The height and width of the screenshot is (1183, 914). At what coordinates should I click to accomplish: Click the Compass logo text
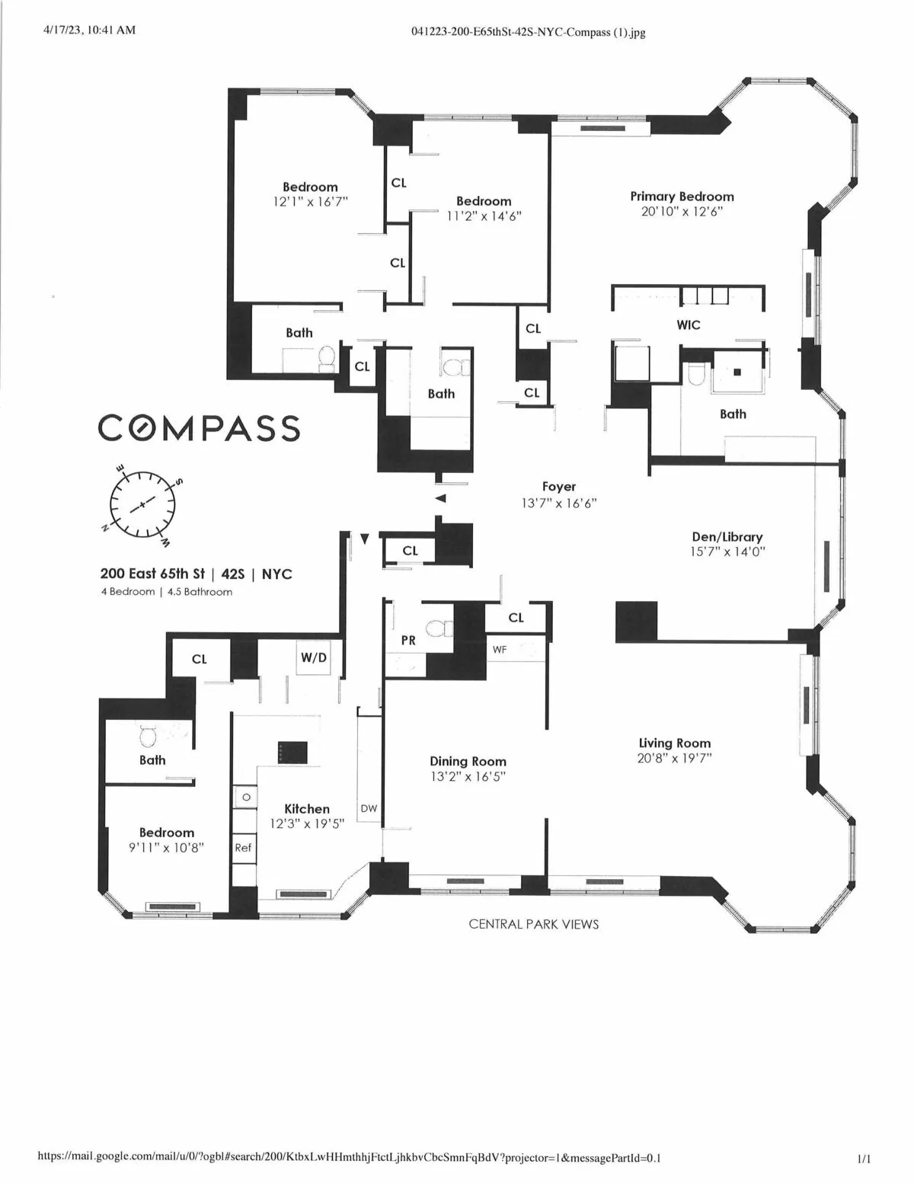pos(198,428)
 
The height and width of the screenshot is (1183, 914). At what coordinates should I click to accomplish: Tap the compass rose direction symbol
pos(142,504)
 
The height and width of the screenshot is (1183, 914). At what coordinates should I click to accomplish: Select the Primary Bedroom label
pos(682,197)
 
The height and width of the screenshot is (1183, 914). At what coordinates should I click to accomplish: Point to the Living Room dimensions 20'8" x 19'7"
pos(674,759)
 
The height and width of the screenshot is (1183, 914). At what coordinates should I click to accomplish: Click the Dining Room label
pos(468,761)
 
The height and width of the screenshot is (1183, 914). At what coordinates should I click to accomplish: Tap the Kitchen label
pos(307,809)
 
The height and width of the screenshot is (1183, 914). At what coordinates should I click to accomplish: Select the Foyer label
pos(559,487)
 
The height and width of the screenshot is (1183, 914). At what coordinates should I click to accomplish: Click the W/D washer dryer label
pos(313,657)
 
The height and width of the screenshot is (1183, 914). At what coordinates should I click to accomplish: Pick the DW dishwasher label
pos(369,809)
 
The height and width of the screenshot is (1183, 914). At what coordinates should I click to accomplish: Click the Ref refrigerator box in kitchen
pos(243,848)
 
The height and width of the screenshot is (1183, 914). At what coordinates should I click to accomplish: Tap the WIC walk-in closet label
pos(689,325)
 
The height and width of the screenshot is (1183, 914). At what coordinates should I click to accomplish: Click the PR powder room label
pos(408,641)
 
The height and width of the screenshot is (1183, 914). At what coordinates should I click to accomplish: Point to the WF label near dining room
pos(500,650)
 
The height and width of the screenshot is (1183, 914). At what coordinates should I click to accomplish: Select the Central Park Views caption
pos(533,924)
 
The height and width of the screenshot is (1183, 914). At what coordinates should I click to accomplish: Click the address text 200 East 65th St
pos(152,574)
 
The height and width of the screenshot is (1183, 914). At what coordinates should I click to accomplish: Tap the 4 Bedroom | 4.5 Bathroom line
pos(167,592)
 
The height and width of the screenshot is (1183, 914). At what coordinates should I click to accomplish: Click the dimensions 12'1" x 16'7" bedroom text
pos(310,203)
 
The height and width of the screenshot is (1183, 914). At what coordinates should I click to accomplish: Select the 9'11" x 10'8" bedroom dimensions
pos(166,848)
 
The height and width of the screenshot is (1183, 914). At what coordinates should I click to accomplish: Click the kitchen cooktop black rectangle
pos(292,752)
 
